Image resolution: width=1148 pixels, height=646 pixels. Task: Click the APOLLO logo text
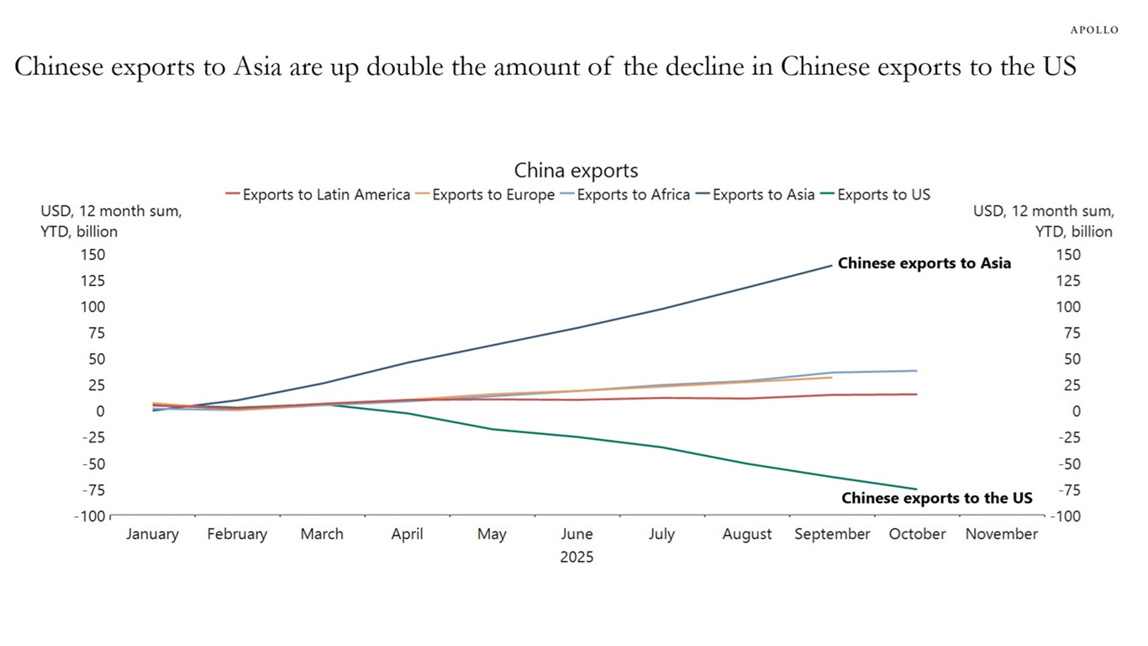point(1094,29)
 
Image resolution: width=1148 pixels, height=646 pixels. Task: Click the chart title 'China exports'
point(576,171)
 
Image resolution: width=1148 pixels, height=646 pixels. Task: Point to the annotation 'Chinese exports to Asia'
point(924,263)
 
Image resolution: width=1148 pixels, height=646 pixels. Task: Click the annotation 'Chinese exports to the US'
point(936,498)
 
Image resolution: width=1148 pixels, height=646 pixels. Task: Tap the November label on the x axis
point(1001,534)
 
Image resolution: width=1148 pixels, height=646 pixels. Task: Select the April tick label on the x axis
point(407,534)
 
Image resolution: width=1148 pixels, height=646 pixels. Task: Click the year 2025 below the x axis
point(577,557)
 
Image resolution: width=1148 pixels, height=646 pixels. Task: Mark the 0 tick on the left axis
point(99,411)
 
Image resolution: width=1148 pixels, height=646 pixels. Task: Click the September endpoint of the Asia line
point(832,265)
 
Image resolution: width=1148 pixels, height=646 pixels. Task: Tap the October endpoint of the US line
point(916,489)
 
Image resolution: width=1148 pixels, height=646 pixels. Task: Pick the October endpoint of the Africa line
point(916,370)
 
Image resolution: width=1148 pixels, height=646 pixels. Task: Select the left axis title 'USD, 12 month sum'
point(111,212)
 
